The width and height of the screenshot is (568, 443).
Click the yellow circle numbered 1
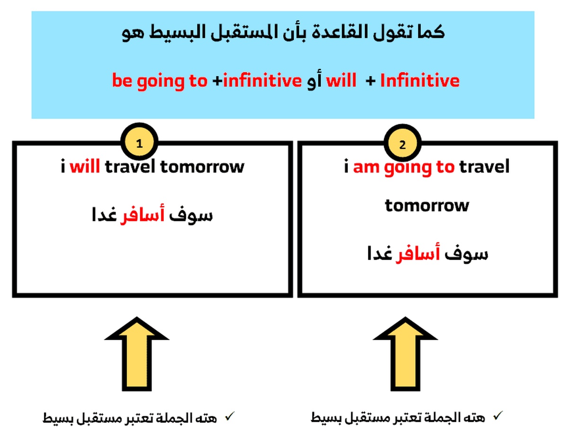point(139,142)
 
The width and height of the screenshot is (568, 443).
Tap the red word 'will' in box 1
point(84,165)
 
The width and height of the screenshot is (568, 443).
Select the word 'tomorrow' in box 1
point(202,166)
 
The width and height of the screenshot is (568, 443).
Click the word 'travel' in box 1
point(130,166)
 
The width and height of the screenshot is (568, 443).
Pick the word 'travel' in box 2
point(484,166)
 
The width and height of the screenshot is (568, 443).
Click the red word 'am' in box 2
point(366,167)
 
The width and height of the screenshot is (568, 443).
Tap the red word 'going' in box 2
point(407,168)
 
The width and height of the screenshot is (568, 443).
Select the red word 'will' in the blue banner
point(341,79)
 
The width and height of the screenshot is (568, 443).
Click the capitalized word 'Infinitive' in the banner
point(420,80)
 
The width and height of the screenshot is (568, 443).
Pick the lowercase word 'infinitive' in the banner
point(262,80)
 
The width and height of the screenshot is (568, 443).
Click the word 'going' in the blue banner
point(160,81)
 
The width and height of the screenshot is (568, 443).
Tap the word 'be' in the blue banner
point(122,80)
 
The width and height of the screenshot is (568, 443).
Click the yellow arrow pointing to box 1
point(136,354)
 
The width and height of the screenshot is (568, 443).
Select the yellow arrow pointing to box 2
point(405,354)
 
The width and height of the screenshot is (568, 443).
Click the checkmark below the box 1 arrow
point(230,416)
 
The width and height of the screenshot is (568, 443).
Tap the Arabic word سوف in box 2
point(466,254)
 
